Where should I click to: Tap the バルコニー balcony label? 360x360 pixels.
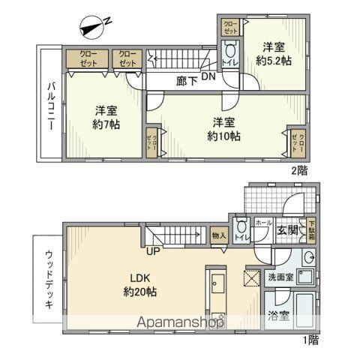point(46,106)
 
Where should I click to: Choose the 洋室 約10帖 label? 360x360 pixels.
point(224,128)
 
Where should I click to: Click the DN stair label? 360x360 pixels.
point(208,76)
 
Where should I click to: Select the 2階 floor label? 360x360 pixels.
point(298,170)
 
